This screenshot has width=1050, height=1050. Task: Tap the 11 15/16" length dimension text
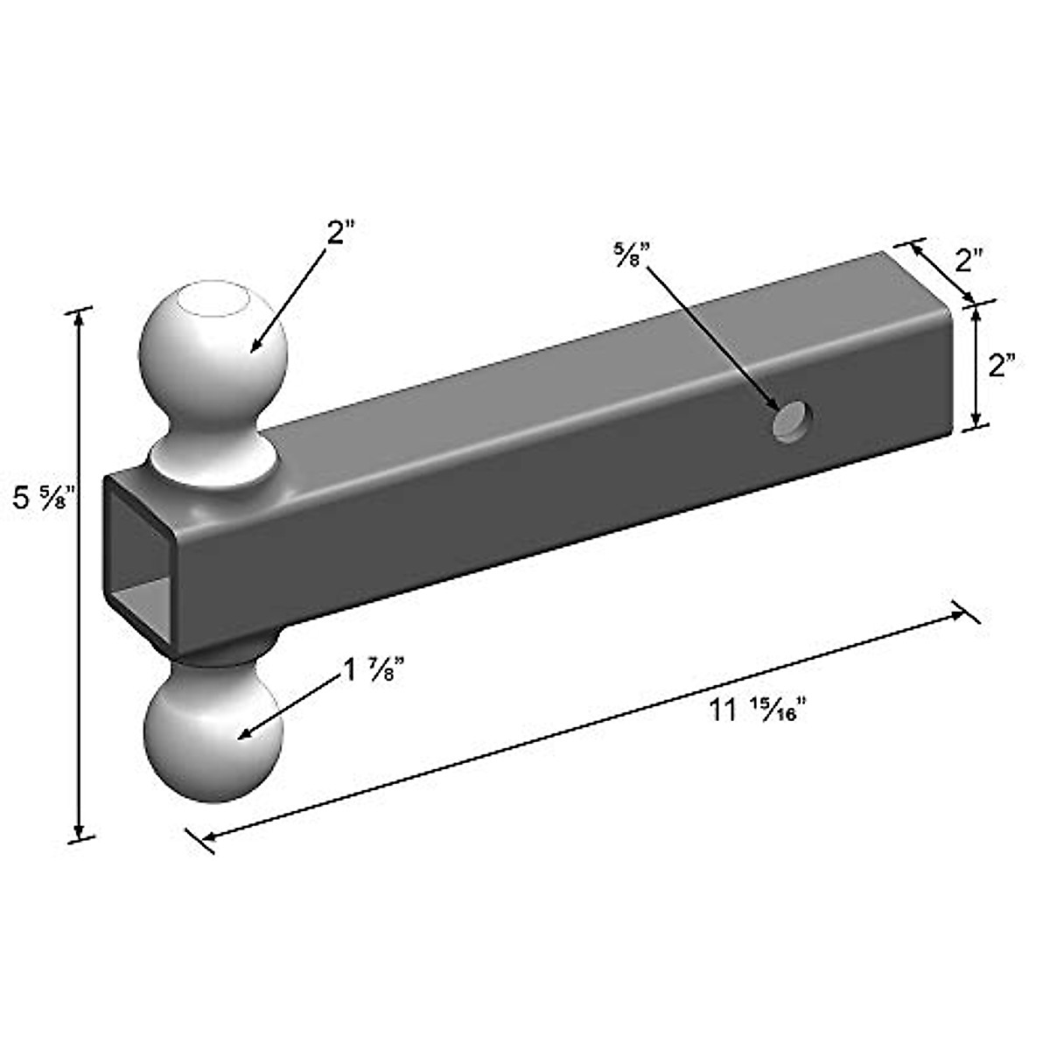756,710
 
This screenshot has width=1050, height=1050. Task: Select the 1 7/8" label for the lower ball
371,670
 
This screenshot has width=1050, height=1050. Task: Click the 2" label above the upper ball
340,235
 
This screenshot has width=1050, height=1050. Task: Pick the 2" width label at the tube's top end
970,260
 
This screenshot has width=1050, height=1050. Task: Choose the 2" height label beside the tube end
1001,364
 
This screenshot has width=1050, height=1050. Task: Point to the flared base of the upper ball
213,455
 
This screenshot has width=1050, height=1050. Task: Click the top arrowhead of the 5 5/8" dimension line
80,320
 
